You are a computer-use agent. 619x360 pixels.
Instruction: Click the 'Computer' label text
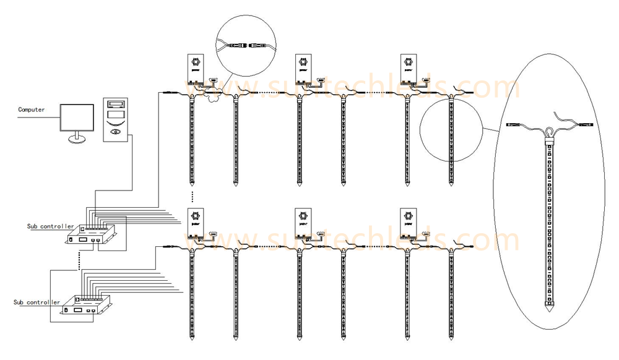[31, 109]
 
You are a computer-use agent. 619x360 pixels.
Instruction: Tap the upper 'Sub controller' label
[50, 226]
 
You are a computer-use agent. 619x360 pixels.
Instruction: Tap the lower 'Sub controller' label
[37, 302]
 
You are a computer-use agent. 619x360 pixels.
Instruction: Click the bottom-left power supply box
[196, 223]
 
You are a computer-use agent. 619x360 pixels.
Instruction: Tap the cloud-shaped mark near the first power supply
[214, 95]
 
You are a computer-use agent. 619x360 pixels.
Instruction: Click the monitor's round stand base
[77, 140]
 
